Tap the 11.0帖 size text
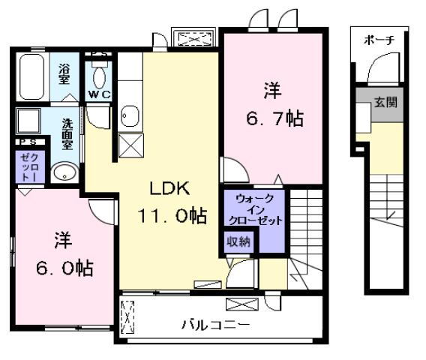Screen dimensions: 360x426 pos(172,216)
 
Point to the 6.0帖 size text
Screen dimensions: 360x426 pos(63,267)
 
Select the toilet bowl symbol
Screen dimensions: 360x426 pos(99,75)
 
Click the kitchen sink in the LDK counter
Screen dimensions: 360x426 pos(128,115)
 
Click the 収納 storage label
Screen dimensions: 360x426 pos(240,242)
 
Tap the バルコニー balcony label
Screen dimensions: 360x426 pos(215,325)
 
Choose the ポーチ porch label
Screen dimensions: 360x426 pos(379,40)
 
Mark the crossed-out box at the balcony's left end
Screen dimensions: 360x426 pos(128,316)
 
